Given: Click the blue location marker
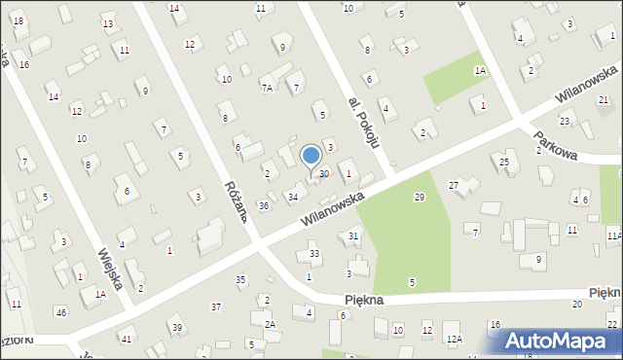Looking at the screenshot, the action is point(311,156).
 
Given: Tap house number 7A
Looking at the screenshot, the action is point(268,88).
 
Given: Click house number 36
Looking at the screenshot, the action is point(263,205).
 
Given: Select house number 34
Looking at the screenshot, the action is point(292,198).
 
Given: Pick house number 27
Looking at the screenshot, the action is point(453,185).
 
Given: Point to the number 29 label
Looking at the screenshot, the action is point(419,198).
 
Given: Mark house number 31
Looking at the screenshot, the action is point(353,236).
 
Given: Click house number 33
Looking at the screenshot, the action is point(313,254).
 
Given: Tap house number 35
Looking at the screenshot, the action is point(240,280).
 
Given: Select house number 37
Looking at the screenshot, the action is point(216,306).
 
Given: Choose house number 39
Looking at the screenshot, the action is point(176,328).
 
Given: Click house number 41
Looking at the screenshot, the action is point(126,339).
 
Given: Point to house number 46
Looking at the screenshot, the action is point(61,311).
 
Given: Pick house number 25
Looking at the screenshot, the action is point(503,162).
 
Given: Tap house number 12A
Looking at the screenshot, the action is point(453,339).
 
